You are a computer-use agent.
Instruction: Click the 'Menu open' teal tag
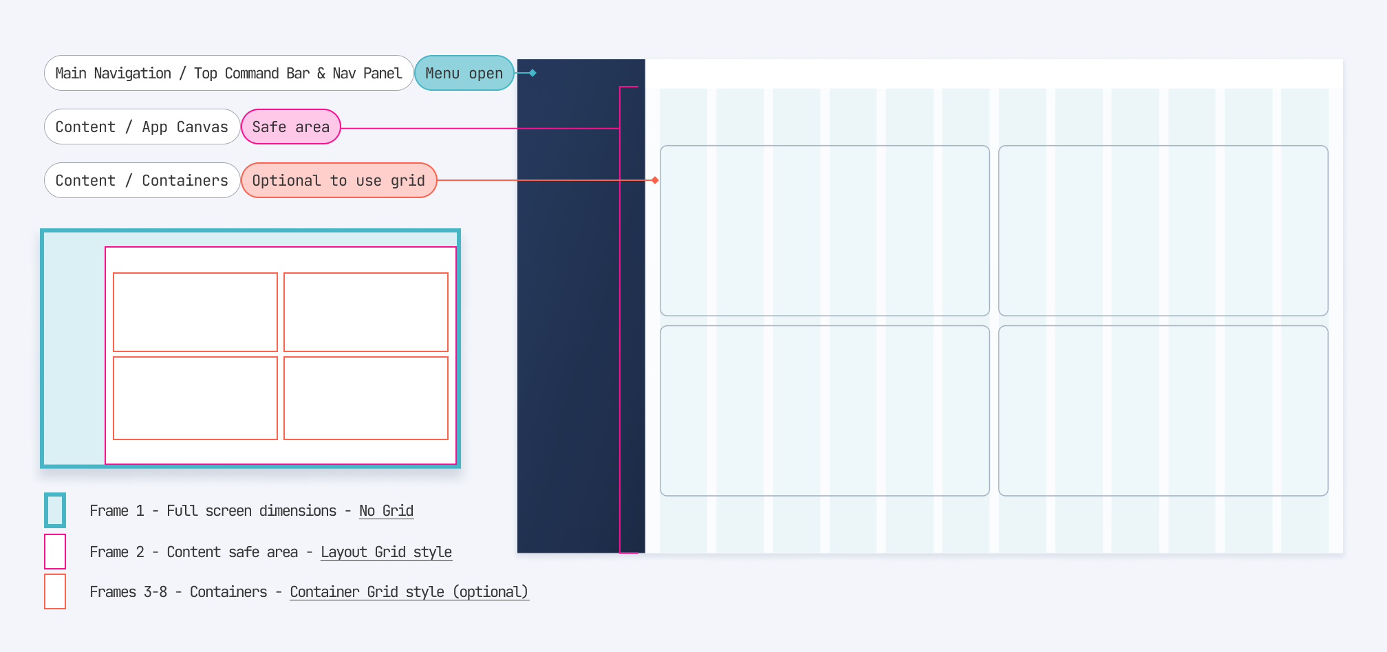[464, 73]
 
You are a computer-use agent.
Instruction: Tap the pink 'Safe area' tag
[290, 127]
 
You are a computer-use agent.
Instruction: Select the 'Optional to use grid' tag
[338, 180]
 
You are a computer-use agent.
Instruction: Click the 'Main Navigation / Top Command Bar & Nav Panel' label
[228, 73]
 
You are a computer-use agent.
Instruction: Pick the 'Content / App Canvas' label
[142, 127]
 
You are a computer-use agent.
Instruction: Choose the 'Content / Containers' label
[142, 180]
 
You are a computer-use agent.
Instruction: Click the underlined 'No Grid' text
[386, 511]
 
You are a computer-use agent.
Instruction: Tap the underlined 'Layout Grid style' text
[386, 552]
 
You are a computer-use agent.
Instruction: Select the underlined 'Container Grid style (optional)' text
[409, 592]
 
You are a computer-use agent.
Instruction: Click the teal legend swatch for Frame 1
[55, 510]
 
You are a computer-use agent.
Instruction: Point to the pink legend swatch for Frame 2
[55, 552]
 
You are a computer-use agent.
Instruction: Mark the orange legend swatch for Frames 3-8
[55, 591]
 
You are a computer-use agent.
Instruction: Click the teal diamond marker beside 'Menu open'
[533, 73]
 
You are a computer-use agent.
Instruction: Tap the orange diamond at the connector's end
[655, 180]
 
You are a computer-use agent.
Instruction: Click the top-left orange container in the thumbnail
[195, 312]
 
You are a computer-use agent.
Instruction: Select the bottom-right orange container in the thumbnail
[366, 398]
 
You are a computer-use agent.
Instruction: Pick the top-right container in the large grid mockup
[1163, 230]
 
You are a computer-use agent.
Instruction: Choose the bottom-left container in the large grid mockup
[824, 411]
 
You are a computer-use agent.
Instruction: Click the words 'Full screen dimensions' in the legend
[251, 511]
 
